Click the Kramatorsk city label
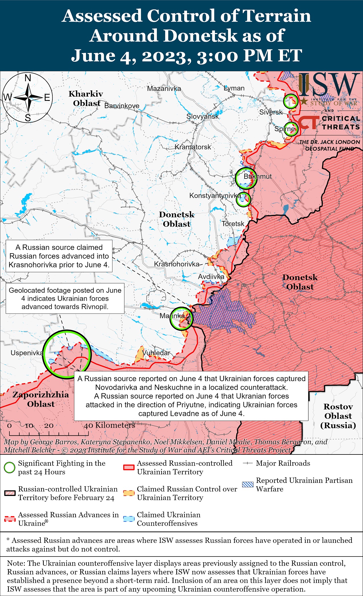tap(193, 147)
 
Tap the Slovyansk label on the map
tap(202, 116)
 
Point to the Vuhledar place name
tap(156, 353)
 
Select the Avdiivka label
tap(211, 277)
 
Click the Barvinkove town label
tap(122, 106)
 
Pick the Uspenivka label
tap(27, 353)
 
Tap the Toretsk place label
tap(233, 224)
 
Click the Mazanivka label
tap(164, 89)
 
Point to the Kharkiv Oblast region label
tap(86, 98)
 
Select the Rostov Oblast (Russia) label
tap(338, 416)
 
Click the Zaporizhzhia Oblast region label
tap(41, 399)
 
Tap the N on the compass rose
tap(28, 78)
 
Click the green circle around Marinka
tap(181, 318)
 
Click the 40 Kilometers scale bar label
tap(109, 425)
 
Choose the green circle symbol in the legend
tap(10, 468)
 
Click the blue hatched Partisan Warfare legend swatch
tap(247, 485)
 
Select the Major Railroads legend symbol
tap(248, 463)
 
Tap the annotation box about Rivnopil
tap(65, 298)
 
